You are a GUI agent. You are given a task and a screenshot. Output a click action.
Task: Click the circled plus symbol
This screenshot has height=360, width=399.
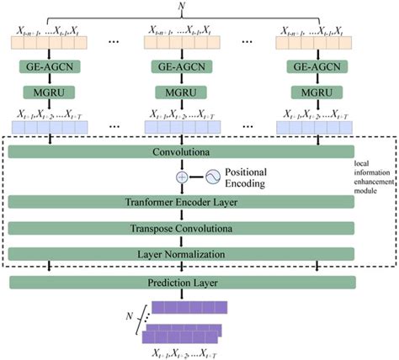[x=181, y=177]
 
